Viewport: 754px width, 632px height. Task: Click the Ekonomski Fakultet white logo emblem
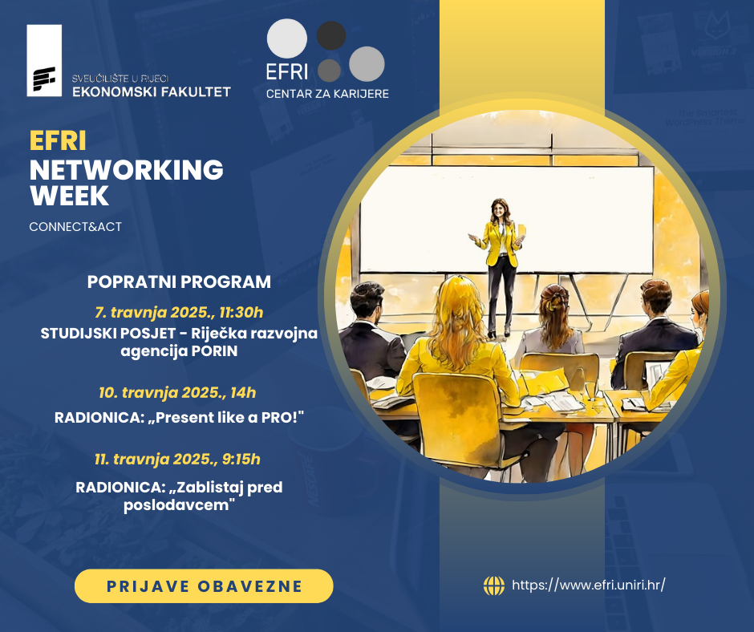[44, 61]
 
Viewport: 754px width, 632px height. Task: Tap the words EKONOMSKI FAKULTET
[152, 92]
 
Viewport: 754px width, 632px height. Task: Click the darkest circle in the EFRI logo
[330, 35]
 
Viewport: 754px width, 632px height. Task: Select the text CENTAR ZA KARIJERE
[327, 94]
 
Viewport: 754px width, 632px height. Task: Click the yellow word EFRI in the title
[58, 141]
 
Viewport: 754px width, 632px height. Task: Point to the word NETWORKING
[127, 169]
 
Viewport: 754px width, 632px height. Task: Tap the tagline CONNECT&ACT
[75, 226]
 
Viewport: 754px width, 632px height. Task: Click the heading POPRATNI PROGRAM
[179, 282]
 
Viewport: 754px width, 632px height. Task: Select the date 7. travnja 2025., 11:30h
[179, 313]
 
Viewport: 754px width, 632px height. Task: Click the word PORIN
[214, 351]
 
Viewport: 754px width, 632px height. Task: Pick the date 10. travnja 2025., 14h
[177, 393]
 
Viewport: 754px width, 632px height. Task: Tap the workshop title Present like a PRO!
[230, 417]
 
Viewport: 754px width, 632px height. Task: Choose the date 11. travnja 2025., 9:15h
[177, 460]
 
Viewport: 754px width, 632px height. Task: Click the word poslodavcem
[179, 505]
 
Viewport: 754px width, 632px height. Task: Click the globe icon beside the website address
[494, 585]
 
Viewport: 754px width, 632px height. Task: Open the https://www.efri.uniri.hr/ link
[589, 585]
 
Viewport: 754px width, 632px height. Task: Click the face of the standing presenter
[500, 210]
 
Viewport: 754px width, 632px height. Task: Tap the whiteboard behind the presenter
[507, 220]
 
